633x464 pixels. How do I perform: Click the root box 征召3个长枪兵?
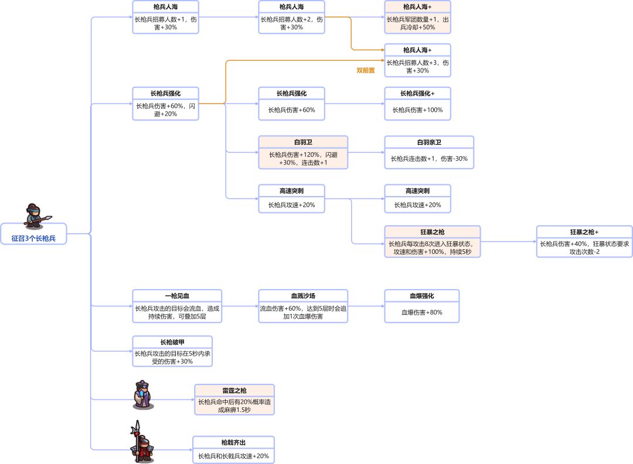(x=34, y=238)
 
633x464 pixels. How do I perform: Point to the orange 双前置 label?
(x=366, y=70)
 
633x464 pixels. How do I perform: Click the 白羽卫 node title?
(x=303, y=142)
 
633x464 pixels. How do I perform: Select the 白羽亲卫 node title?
(x=428, y=142)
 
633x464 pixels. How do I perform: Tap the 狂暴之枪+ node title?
(x=584, y=232)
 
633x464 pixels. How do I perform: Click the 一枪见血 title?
(x=177, y=295)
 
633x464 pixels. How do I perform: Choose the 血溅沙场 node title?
(x=303, y=295)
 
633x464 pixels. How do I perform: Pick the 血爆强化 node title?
(x=422, y=295)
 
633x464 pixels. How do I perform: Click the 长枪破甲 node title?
(x=172, y=342)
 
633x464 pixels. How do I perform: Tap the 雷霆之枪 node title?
(x=234, y=390)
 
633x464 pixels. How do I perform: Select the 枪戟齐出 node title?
(x=233, y=442)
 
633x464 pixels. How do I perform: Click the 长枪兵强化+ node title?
(x=417, y=94)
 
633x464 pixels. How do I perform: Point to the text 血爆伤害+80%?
(x=422, y=312)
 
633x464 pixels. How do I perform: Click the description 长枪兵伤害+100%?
(x=417, y=110)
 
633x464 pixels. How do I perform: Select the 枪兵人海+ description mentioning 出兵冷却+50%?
(x=417, y=23)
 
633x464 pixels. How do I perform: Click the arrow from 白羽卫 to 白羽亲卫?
(x=366, y=153)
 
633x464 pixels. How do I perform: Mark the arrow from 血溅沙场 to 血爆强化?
(x=366, y=306)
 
